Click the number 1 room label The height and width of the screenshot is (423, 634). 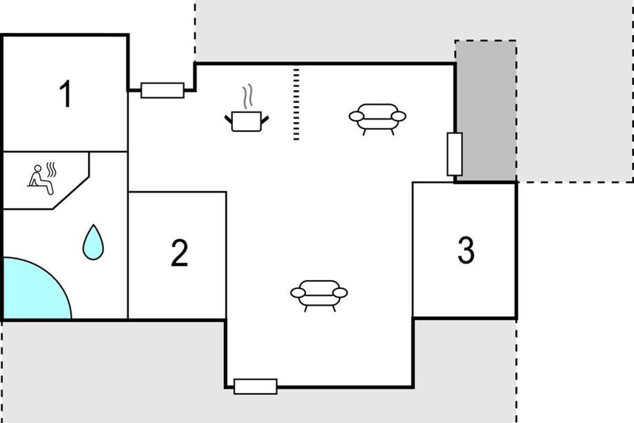pyautogui.click(x=66, y=94)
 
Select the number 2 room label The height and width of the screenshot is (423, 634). pyautogui.click(x=180, y=253)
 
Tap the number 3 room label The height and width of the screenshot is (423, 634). pyautogui.click(x=466, y=250)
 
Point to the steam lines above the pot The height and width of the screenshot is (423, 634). pyautogui.click(x=247, y=96)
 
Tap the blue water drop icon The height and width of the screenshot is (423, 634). pyautogui.click(x=93, y=243)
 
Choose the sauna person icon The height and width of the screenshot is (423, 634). pyautogui.click(x=42, y=179)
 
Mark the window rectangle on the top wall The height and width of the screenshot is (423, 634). pyautogui.click(x=163, y=90)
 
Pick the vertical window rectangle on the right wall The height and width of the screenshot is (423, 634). pyautogui.click(x=455, y=154)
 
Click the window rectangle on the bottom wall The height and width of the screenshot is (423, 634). pyautogui.click(x=256, y=387)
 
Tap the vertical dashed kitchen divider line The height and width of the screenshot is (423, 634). pyautogui.click(x=296, y=104)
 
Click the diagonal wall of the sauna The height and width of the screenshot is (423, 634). pyautogui.click(x=71, y=193)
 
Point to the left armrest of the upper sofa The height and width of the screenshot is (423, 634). pyautogui.click(x=356, y=116)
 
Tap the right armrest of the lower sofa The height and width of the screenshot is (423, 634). pyautogui.click(x=340, y=293)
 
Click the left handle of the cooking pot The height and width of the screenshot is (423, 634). pyautogui.click(x=228, y=119)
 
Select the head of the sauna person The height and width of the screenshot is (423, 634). pyautogui.click(x=38, y=169)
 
